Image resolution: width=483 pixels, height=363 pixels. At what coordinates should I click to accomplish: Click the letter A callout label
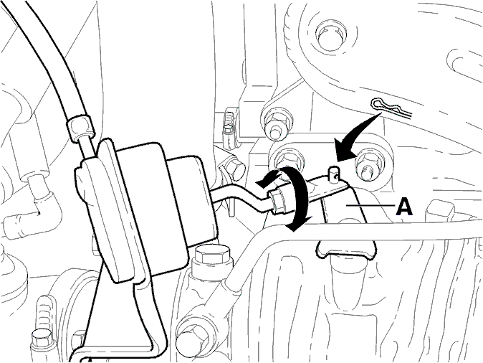(404, 207)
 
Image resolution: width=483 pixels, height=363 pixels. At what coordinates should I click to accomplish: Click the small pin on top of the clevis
(333, 174)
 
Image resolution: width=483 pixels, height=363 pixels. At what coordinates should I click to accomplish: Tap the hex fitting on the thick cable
(80, 127)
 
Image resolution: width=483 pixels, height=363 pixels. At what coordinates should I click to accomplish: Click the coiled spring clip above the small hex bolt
(229, 123)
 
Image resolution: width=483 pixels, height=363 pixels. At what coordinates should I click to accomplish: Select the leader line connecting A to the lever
(370, 204)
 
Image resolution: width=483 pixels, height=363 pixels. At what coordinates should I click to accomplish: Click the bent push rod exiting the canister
(244, 198)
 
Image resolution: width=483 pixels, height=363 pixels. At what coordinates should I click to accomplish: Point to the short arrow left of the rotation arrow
(268, 181)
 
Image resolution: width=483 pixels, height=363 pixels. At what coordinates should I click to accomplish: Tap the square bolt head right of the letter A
(441, 211)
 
